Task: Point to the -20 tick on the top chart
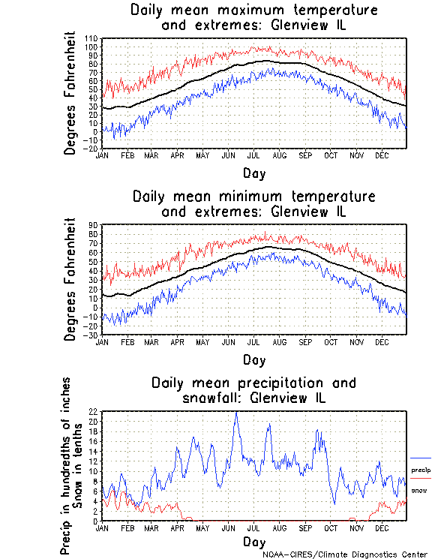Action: tap(92, 149)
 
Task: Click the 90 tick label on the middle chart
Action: tap(94, 224)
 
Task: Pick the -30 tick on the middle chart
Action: tap(92, 335)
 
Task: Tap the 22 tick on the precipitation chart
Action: tap(94, 412)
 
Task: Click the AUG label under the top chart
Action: tap(280, 155)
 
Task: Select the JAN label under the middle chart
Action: tap(103, 341)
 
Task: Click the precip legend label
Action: tap(421, 469)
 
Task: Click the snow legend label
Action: tap(419, 490)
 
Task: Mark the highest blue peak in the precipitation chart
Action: tap(237, 413)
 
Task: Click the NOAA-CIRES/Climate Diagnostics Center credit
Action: tap(346, 554)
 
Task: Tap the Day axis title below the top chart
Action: tap(254, 173)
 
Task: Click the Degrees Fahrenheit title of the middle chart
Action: tap(70, 279)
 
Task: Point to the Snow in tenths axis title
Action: tap(77, 465)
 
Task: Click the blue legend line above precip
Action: tap(421, 458)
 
